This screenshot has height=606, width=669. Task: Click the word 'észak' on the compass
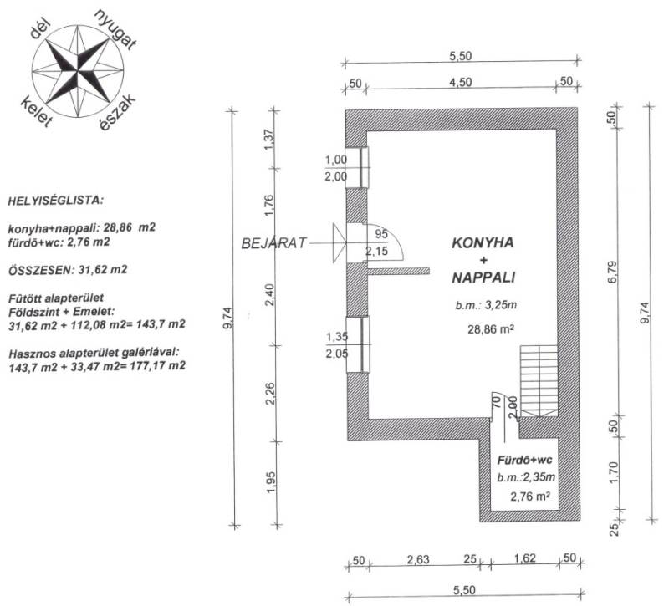point(117,112)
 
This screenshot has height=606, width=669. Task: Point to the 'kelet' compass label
point(37,112)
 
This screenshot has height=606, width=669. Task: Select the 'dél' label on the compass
point(40,30)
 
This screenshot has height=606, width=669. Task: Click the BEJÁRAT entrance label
point(274,243)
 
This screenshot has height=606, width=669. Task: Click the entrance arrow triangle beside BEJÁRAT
point(340,242)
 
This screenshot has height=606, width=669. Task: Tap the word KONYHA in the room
point(483,243)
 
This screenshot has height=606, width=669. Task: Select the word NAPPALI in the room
point(483,278)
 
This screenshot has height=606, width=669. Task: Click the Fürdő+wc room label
point(524,461)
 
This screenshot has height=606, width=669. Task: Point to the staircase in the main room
point(539,380)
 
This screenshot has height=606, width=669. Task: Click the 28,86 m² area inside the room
point(490,329)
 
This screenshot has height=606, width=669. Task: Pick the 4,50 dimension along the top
point(461,82)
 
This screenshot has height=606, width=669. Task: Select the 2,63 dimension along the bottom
point(417,559)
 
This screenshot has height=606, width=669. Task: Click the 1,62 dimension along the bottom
point(524,558)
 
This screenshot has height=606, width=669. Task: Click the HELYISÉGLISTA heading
point(56,201)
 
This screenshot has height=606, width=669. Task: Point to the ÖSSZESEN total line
point(68,270)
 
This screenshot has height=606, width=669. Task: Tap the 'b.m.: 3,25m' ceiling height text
point(486,305)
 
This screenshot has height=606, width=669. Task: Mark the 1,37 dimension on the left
point(268,140)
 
